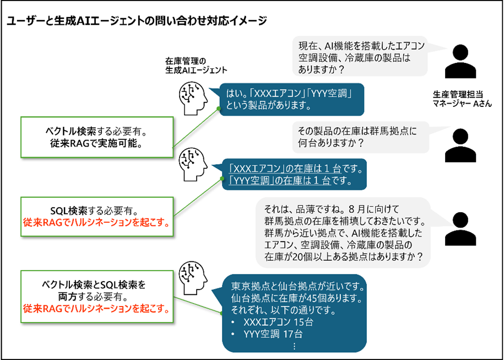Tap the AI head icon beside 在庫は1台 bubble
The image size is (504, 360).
click(x=193, y=163)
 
